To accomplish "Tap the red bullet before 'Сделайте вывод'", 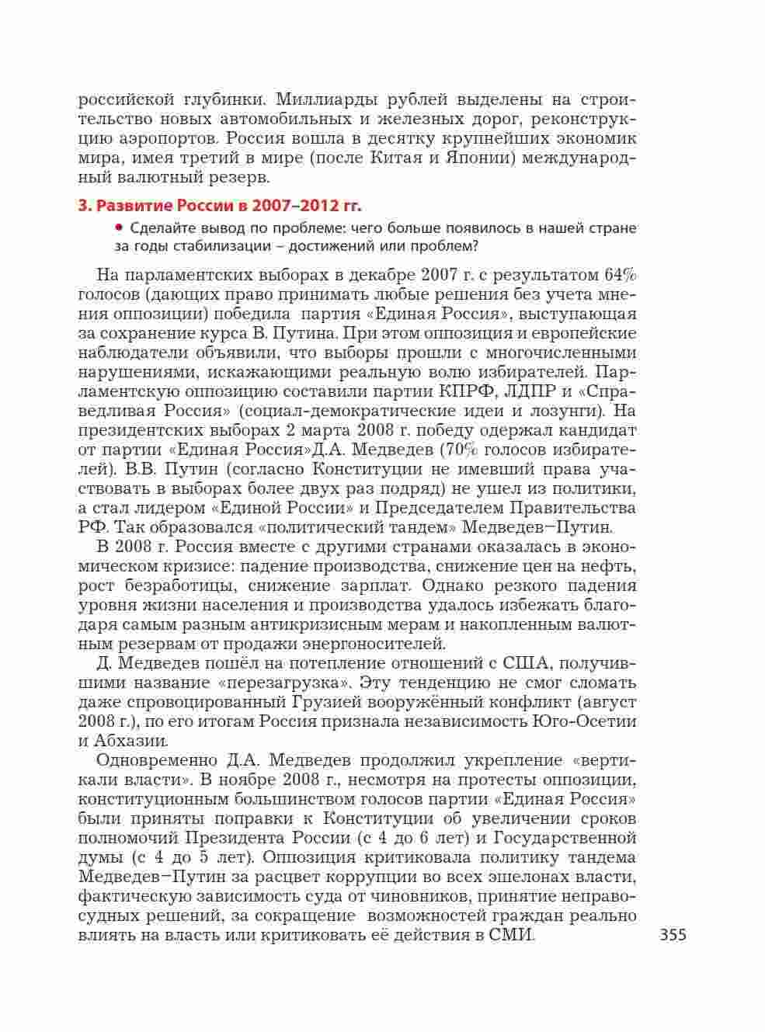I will point(119,228).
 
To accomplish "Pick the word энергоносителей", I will point(381,644).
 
